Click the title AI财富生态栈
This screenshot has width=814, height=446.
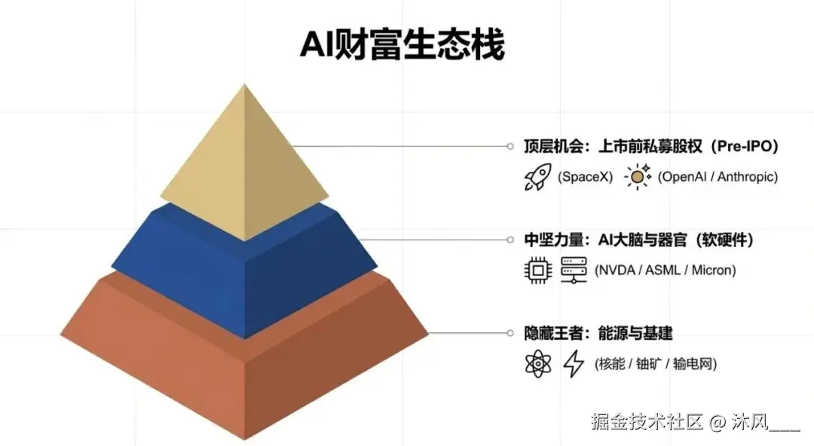tap(402, 45)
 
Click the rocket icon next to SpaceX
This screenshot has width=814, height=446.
tap(538, 177)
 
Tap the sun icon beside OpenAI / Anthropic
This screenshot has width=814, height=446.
tap(638, 177)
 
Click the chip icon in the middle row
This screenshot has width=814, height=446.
tap(538, 270)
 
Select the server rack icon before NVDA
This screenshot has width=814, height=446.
tap(574, 270)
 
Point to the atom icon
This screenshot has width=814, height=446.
tap(538, 364)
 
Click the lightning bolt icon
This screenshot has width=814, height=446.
tap(574, 364)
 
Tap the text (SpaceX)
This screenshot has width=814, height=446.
tap(585, 177)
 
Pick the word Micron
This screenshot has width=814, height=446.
tap(711, 270)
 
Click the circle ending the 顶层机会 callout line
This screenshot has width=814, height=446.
tap(510, 146)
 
